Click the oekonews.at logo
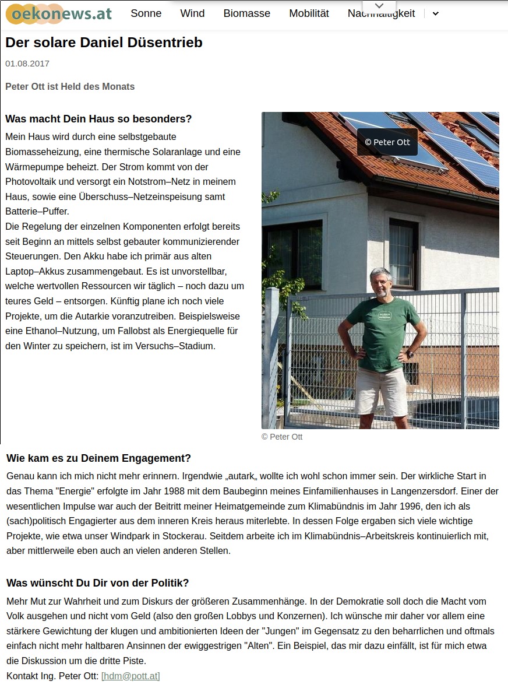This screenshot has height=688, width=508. click(58, 13)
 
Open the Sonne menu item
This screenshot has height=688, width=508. click(146, 13)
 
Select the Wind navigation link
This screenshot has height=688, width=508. click(192, 13)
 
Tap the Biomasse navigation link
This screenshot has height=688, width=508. click(246, 13)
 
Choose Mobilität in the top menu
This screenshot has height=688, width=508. click(309, 13)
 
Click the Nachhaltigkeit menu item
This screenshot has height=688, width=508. click(381, 14)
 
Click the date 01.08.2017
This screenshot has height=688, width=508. click(27, 64)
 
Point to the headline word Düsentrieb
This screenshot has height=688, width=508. click(170, 43)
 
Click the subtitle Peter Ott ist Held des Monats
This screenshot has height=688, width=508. click(70, 87)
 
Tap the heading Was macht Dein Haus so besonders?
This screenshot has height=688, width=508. click(98, 119)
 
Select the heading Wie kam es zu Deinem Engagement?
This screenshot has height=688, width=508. click(98, 458)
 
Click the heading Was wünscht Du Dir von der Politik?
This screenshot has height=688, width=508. click(97, 583)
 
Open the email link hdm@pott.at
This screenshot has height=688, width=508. click(130, 676)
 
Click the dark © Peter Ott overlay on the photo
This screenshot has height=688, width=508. click(387, 142)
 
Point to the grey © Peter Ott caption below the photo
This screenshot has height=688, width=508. click(282, 437)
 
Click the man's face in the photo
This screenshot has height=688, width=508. click(382, 283)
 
